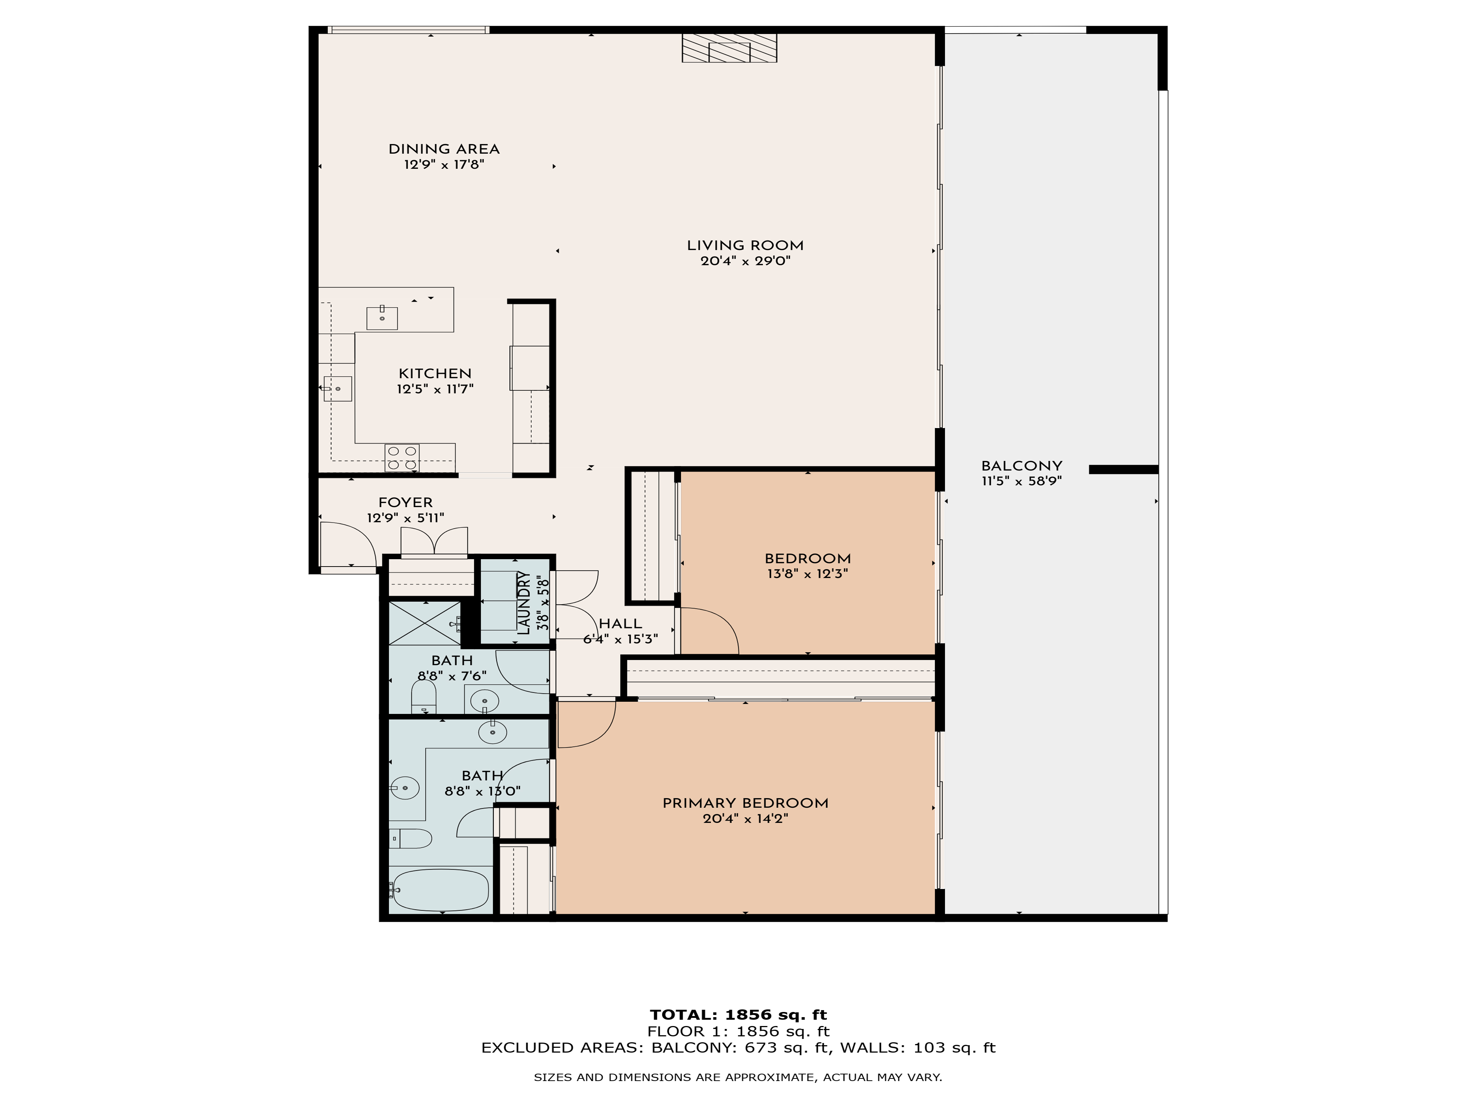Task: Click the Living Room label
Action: pos(745,245)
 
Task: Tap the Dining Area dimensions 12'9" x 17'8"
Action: pos(444,164)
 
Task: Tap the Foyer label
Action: pos(405,502)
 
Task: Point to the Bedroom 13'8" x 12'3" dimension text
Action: pos(808,574)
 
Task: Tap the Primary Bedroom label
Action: pos(745,803)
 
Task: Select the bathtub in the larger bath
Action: pos(439,890)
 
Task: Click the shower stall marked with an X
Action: pos(425,623)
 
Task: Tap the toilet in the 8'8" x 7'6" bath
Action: pos(423,699)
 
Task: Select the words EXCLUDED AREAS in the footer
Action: pos(562,1048)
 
